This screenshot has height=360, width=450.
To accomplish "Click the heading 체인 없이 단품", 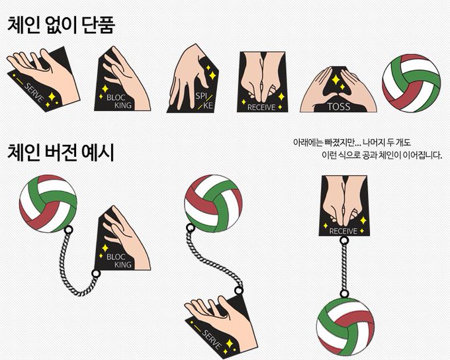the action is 61,24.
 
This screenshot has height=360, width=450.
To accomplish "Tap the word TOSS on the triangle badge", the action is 339,107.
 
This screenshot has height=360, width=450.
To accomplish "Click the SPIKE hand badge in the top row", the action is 193,78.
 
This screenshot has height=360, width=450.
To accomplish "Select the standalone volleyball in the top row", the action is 411,83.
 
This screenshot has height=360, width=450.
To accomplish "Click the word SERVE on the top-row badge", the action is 34,93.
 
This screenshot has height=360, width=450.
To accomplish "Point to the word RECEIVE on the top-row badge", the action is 261,107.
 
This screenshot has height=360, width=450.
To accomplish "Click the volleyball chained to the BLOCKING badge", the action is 48,204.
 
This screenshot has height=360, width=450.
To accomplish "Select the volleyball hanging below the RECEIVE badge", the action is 345,327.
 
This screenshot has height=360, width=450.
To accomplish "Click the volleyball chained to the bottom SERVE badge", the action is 213,203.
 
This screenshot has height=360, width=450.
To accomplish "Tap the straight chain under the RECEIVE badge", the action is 344,267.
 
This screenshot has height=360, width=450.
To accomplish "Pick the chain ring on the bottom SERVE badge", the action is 238,291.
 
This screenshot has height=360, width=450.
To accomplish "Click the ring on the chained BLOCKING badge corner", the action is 96,273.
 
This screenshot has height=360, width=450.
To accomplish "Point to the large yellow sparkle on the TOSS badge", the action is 336,79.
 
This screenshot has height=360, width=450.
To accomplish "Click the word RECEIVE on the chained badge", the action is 343,231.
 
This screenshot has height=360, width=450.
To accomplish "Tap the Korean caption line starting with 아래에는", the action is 352,142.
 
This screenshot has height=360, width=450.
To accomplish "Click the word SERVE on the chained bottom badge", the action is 212,339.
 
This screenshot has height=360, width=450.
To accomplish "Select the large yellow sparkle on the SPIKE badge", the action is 212,75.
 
